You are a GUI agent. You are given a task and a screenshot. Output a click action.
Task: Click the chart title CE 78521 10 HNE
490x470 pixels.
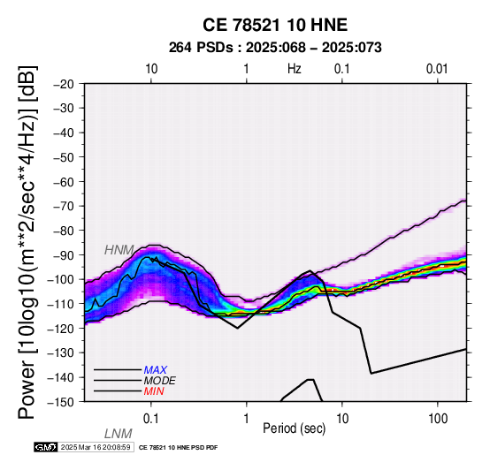(275, 25)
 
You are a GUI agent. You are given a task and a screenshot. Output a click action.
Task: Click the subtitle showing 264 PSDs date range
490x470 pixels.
(275, 48)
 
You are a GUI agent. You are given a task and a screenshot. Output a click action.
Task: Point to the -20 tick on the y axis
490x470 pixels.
(64, 84)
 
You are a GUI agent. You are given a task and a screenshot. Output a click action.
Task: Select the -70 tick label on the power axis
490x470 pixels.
(64, 206)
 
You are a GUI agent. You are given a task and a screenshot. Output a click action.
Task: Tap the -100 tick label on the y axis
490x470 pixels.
(61, 279)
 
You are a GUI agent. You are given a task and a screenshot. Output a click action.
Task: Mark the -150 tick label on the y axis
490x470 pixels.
(61, 402)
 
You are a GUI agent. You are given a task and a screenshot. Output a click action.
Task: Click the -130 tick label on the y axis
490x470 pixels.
(61, 353)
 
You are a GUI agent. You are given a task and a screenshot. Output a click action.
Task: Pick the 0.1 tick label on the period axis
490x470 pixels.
(151, 419)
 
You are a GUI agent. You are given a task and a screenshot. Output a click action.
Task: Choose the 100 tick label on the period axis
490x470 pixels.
(438, 419)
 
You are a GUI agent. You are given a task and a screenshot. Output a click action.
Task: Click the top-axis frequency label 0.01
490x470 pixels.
(437, 69)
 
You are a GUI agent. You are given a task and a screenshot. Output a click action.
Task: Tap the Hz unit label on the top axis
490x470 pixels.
(295, 69)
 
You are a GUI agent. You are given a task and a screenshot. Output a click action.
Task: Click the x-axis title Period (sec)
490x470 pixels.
(294, 428)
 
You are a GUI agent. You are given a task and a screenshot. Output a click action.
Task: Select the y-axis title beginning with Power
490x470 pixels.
(27, 242)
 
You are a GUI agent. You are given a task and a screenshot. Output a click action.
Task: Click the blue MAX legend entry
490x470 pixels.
(156, 370)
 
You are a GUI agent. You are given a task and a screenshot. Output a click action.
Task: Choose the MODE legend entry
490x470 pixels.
(160, 381)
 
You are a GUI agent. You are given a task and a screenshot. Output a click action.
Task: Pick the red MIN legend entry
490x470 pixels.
(154, 391)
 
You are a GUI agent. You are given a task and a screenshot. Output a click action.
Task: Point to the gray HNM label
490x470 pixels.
(119, 250)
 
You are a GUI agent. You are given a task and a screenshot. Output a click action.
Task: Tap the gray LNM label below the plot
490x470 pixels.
(119, 434)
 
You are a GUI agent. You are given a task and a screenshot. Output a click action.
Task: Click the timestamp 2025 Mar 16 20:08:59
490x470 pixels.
(96, 448)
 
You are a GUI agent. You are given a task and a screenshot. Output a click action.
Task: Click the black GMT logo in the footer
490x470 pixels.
(46, 448)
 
